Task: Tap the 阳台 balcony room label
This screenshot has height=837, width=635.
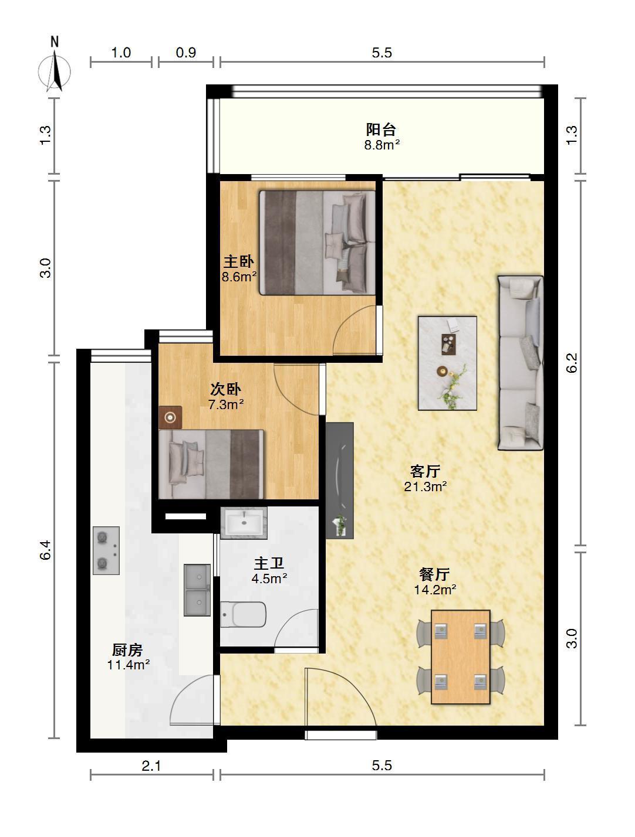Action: click(x=381, y=130)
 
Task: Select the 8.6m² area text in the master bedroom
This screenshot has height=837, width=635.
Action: click(x=239, y=277)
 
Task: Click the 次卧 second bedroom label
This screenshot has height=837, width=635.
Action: click(x=226, y=389)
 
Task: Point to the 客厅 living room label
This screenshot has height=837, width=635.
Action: click(x=425, y=471)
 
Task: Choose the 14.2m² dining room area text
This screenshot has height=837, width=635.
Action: click(x=435, y=590)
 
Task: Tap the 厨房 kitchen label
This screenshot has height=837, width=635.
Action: click(x=127, y=649)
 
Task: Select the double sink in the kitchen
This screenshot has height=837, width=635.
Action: click(x=197, y=590)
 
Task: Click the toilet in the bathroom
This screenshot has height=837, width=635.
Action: click(x=243, y=614)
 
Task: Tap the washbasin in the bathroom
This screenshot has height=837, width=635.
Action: click(x=244, y=523)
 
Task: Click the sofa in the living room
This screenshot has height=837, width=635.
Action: click(x=521, y=363)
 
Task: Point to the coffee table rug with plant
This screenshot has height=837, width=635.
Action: click(x=448, y=363)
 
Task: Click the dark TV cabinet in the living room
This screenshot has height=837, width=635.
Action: click(x=340, y=481)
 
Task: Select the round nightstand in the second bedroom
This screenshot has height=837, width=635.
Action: click(x=170, y=417)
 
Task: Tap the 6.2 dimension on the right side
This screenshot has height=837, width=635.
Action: click(x=572, y=363)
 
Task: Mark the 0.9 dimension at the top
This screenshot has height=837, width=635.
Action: click(x=186, y=52)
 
